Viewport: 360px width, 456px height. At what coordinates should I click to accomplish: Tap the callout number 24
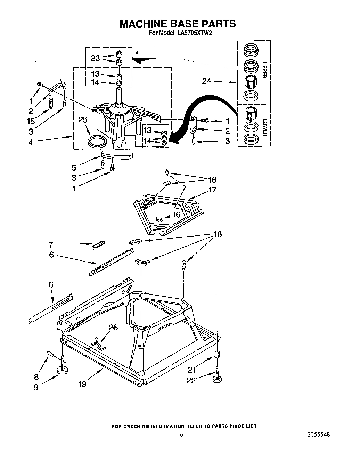[x=207, y=81]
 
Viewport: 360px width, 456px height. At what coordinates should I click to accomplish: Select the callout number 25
[x=83, y=120]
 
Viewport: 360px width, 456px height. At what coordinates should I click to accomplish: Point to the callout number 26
[x=113, y=327]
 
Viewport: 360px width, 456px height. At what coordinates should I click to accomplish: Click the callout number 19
[x=82, y=384]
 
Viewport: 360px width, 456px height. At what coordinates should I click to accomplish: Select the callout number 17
[x=212, y=190]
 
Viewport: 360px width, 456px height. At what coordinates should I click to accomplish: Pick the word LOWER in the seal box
[x=264, y=128]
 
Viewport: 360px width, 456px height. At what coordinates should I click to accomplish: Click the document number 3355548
[x=318, y=434]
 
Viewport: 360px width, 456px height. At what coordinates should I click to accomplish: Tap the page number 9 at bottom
[x=181, y=436]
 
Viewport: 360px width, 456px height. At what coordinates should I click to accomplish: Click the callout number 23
[x=96, y=58]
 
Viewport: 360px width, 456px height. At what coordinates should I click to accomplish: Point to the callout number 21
[x=192, y=370]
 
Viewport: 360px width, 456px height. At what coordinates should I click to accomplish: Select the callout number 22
[x=191, y=381]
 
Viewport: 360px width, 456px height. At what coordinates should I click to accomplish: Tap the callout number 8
[x=36, y=377]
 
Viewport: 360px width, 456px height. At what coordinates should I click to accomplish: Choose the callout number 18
[x=217, y=234]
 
